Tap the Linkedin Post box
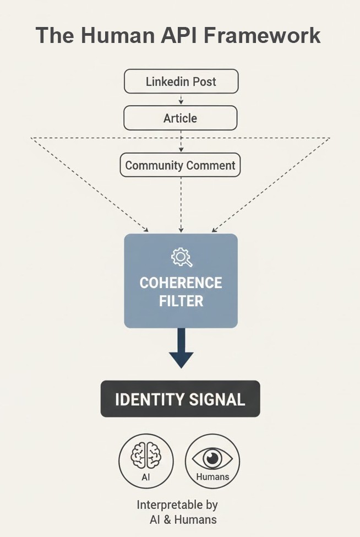pos(181,82)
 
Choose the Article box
pos(180,118)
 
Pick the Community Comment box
pos(180,165)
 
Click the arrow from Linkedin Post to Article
pos(181,99)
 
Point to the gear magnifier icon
pos(182,257)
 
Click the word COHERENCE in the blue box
pos(181,283)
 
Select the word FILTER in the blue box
pos(181,301)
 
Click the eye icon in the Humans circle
pos(212,458)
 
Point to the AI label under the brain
pos(146,477)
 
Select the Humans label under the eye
pos(212,477)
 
